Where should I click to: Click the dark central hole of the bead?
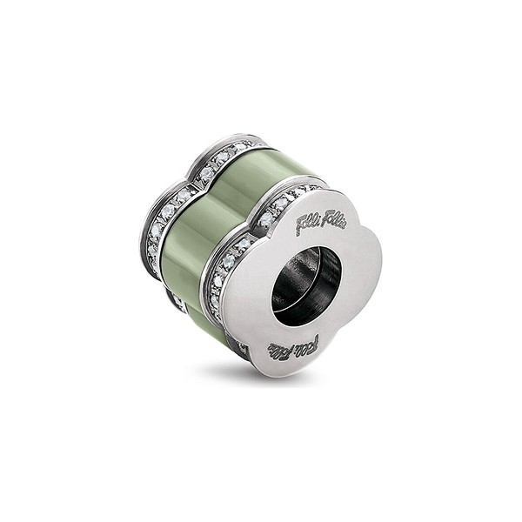coord(305,286)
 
